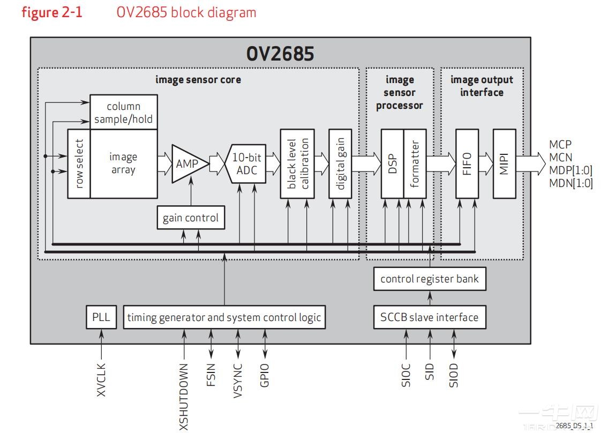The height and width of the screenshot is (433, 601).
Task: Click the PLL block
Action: coord(101,317)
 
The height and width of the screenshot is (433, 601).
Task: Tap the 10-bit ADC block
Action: coord(247,164)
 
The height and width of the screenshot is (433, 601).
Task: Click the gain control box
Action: coord(190,218)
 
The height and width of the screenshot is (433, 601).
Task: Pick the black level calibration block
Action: coord(297,163)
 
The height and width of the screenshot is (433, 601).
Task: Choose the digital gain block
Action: coord(340,163)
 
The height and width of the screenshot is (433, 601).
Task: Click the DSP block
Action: coord(392,163)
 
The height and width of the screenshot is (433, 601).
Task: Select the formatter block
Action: coord(415,163)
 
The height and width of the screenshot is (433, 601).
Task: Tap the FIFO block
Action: coord(467,163)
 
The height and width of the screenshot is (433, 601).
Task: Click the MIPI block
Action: coord(504,163)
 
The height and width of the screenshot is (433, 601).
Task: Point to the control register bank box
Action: coord(430,279)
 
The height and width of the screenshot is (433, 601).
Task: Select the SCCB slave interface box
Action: coord(430,317)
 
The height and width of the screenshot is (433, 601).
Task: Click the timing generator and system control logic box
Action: coord(224,317)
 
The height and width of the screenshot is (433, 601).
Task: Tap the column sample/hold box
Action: coord(124,112)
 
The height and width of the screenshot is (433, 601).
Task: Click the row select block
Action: coord(79,163)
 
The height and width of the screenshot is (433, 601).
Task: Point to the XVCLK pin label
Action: coord(101,380)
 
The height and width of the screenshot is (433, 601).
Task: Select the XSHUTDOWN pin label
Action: coord(184,397)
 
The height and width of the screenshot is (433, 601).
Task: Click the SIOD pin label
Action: coord(454,375)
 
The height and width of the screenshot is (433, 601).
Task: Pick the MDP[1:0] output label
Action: coord(570,170)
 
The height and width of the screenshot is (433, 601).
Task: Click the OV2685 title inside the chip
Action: coord(280,54)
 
